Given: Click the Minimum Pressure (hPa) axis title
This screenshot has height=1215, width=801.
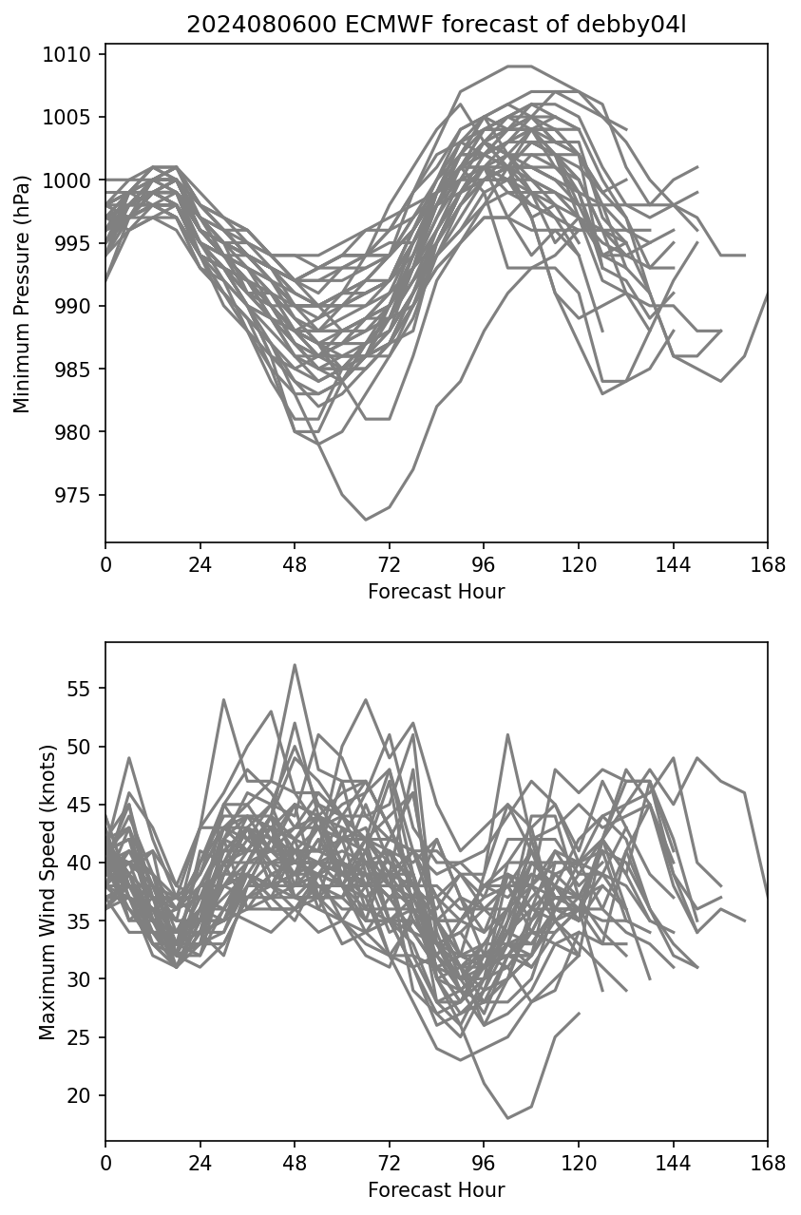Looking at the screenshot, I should click(23, 294).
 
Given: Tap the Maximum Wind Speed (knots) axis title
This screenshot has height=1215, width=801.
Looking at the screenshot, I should click(48, 891).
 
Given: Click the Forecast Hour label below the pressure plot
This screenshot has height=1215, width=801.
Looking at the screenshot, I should click(436, 592).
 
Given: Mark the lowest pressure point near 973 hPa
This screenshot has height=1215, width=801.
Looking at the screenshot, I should click(366, 520).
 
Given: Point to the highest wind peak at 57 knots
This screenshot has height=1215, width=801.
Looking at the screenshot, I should click(295, 665).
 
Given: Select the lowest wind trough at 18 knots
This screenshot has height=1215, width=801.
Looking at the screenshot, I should click(507, 1118).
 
